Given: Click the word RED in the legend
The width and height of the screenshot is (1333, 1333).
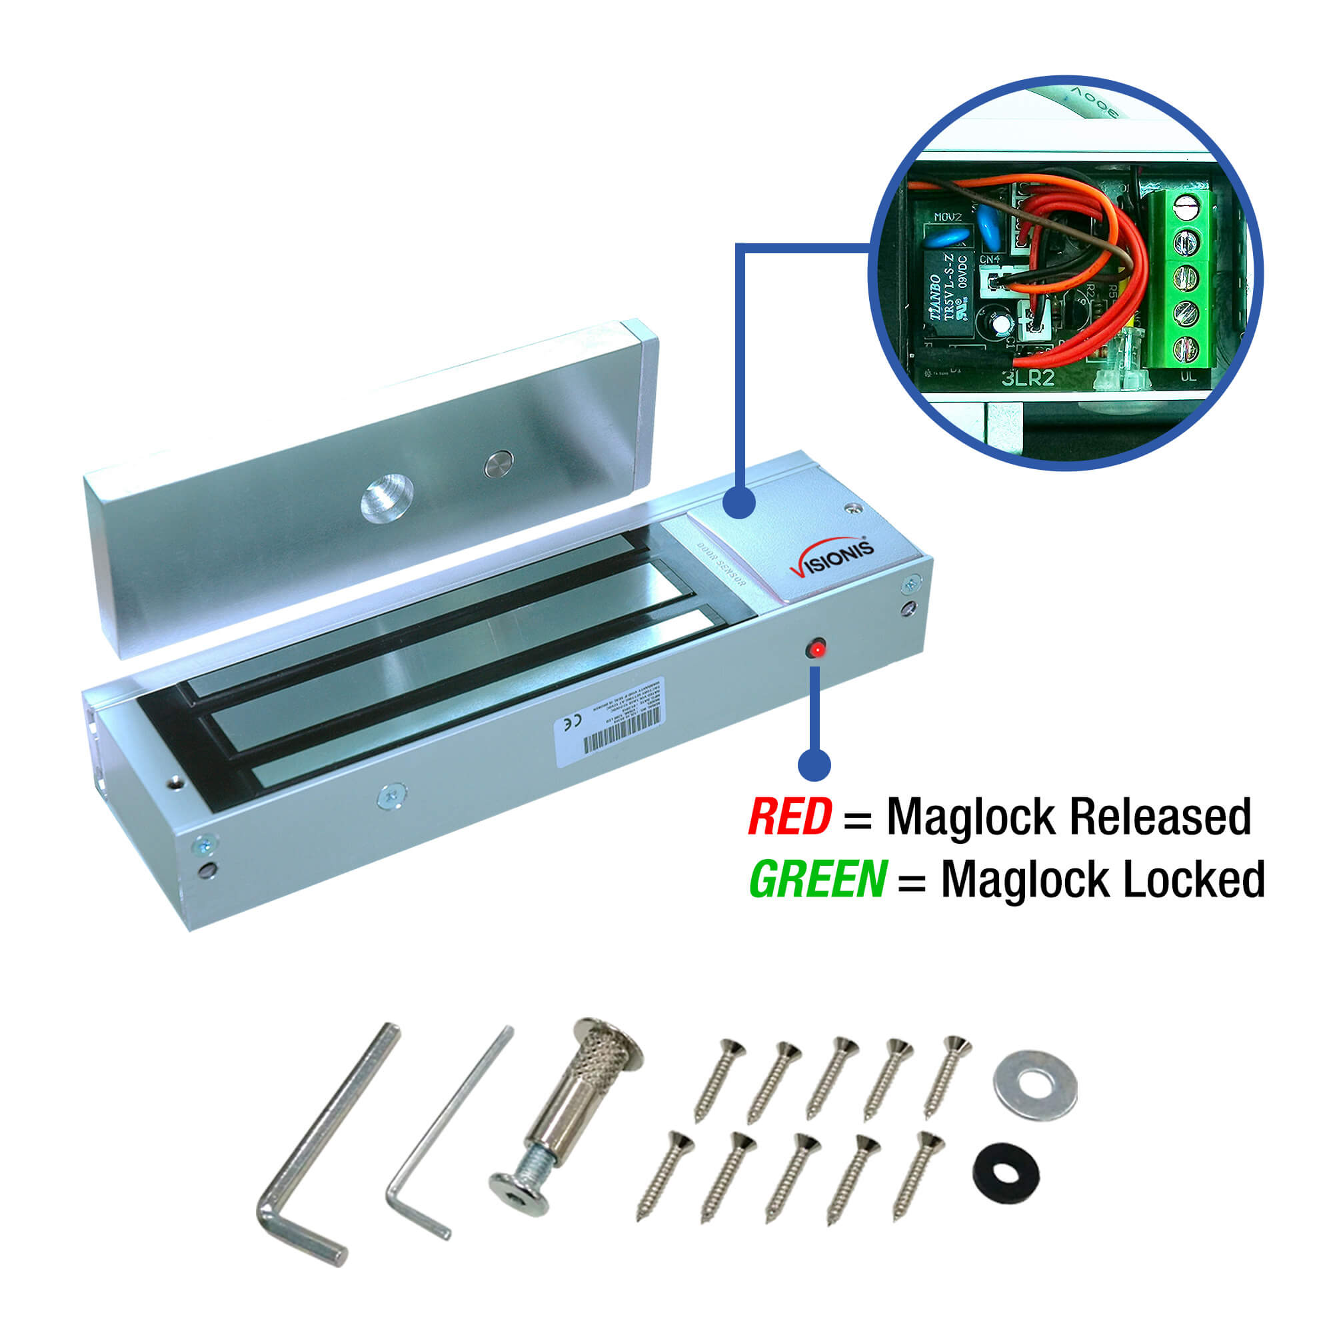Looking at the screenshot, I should [789, 818].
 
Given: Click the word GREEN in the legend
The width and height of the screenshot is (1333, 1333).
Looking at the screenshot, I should [818, 880].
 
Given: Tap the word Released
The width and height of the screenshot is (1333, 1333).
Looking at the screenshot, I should [1160, 818].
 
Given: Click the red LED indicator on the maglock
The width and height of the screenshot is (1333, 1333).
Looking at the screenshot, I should [817, 649].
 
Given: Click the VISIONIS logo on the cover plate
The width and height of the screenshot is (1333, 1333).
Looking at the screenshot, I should [830, 557].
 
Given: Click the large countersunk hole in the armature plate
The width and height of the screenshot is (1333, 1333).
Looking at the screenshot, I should [387, 497].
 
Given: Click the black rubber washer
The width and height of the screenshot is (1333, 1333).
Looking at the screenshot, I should [1006, 1173].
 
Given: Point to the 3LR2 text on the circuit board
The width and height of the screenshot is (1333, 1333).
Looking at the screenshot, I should [1028, 378].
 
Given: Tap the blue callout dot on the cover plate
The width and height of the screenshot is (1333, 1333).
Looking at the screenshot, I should [740, 502].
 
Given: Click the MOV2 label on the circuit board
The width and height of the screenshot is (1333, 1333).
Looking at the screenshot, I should [947, 217].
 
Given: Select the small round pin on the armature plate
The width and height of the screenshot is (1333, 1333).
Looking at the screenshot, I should [498, 465].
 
